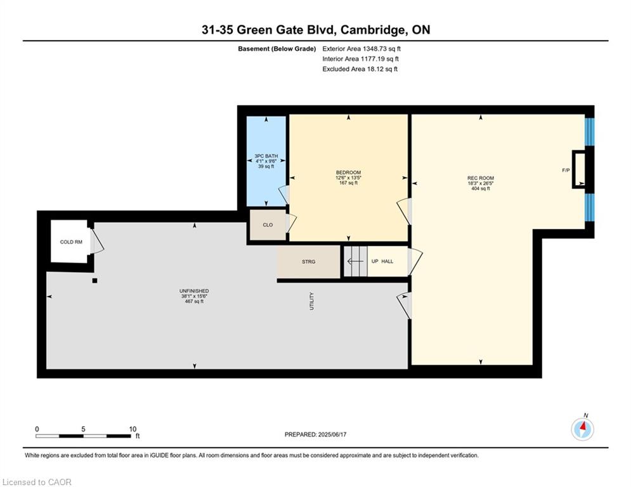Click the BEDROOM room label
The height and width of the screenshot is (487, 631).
pyautogui.click(x=349, y=172)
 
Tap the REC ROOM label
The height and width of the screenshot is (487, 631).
pyautogui.click(x=481, y=178)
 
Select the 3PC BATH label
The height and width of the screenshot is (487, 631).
pyautogui.click(x=266, y=156)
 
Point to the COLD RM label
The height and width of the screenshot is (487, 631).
pyautogui.click(x=71, y=242)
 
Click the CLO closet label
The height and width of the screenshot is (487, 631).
pyautogui.click(x=268, y=225)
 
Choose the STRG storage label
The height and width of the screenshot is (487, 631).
pyautogui.click(x=309, y=262)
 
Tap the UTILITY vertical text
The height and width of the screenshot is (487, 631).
pyautogui.click(x=311, y=301)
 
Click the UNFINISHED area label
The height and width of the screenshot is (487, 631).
pyautogui.click(x=194, y=291)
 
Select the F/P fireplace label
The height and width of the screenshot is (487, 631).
pyautogui.click(x=566, y=170)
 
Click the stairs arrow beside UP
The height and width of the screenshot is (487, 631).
pyautogui.click(x=355, y=261)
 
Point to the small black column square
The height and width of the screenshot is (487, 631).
pyautogui.click(x=94, y=280)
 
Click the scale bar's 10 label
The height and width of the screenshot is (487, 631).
pyautogui.click(x=133, y=429)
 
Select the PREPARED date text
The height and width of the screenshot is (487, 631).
pyautogui.click(x=316, y=434)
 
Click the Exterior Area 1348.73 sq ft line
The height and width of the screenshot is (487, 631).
pyautogui.click(x=361, y=49)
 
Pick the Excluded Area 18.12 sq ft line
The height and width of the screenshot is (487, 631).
pyautogui.click(x=360, y=69)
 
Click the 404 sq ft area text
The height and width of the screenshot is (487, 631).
pyautogui.click(x=481, y=188)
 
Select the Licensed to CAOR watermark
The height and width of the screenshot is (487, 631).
pyautogui.click(x=37, y=482)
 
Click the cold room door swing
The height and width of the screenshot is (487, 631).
pyautogui.click(x=97, y=241)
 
